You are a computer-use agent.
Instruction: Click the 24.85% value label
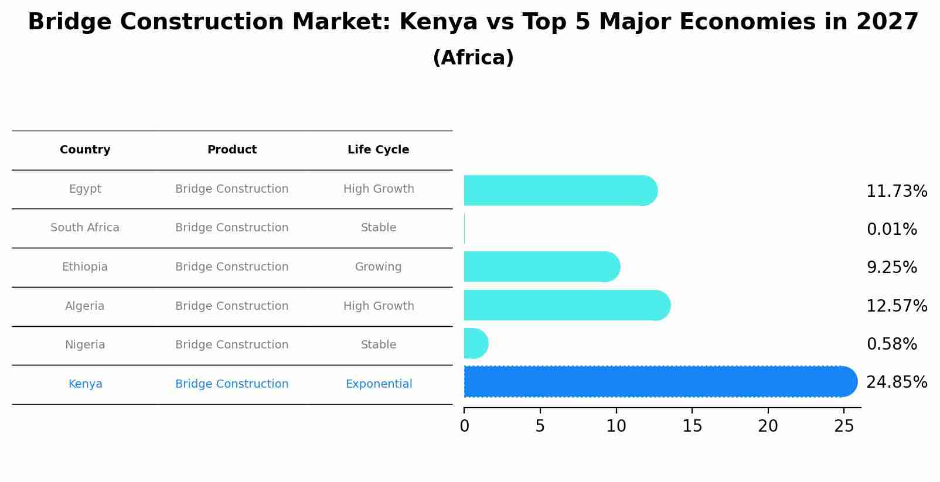point(896,382)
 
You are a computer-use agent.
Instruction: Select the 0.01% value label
point(891,230)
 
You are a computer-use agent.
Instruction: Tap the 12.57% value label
point(896,306)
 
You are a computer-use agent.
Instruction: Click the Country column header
point(85,150)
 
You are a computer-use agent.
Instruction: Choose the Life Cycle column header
point(378,150)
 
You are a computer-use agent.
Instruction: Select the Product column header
point(231,150)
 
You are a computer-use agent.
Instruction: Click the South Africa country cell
point(85,228)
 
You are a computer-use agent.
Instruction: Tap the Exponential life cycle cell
point(379,384)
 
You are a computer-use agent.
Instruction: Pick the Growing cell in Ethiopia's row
point(378,267)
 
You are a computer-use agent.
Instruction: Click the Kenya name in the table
point(85,384)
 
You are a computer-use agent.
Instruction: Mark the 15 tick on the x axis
point(692,426)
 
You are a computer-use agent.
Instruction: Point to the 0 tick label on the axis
point(464,426)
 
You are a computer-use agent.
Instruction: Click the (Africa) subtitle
point(473,58)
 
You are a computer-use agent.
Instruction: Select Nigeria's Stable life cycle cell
point(378,345)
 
